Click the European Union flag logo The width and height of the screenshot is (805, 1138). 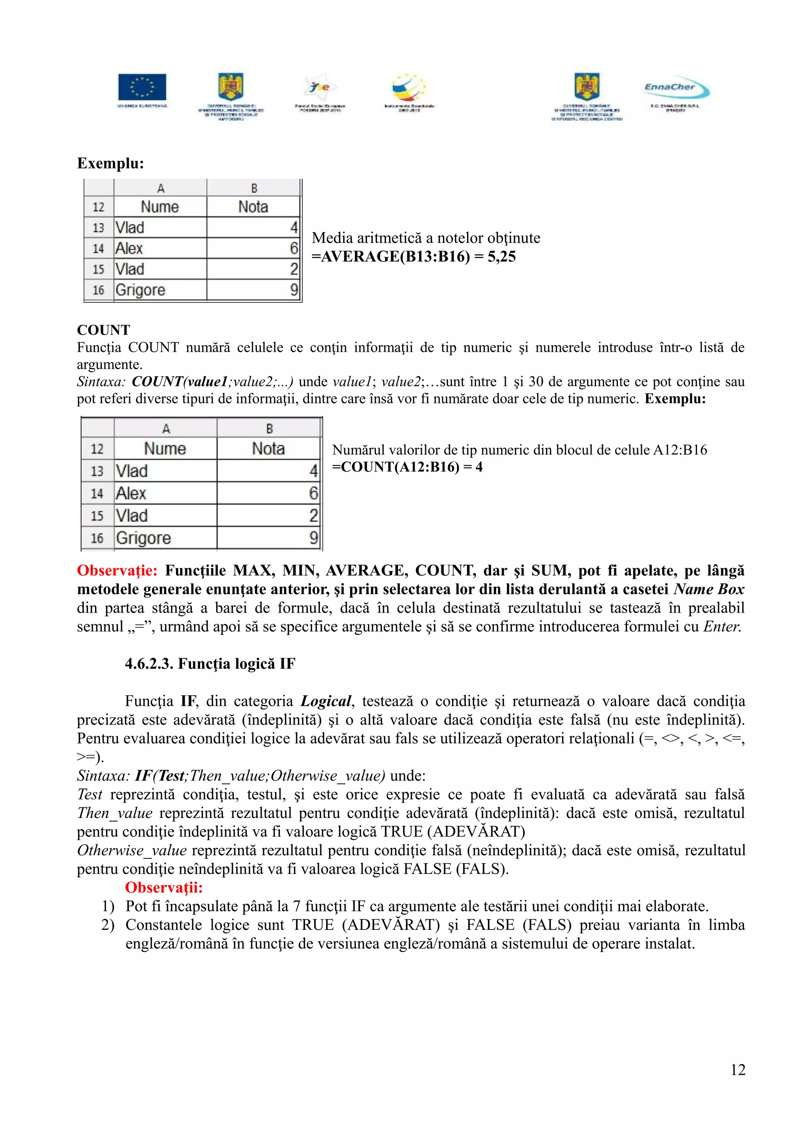142,87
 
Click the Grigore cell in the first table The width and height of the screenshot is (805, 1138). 140,289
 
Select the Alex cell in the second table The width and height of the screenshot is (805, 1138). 131,493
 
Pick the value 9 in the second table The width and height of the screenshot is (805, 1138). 313,538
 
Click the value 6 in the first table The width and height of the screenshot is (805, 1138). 294,248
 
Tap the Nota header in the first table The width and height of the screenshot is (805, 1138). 253,207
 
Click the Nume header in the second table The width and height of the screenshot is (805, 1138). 165,448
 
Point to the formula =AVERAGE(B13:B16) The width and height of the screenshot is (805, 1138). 391,257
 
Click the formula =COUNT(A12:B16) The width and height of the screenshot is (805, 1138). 395,467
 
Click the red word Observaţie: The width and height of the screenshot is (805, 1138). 117,571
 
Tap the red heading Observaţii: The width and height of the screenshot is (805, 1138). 164,887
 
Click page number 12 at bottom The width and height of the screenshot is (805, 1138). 737,1070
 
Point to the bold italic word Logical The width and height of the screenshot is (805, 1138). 326,701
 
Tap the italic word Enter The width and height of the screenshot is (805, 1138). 722,626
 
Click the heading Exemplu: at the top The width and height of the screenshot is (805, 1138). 110,163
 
